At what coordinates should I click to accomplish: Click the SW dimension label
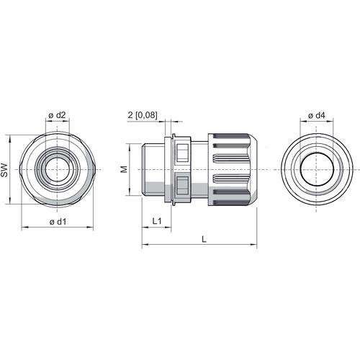pos(4,171)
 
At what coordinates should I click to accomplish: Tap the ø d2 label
pos(57,115)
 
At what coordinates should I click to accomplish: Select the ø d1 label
pos(58,222)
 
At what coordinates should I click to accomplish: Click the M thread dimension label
pos(124,170)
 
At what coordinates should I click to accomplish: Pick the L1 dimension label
pos(157,221)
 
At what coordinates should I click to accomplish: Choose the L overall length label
pos(204,239)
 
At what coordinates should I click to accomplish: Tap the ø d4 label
pos(317,115)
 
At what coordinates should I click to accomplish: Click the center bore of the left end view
pos(57,169)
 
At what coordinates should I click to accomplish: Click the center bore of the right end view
pos(317,170)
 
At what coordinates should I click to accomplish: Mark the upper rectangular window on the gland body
pos(182,153)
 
